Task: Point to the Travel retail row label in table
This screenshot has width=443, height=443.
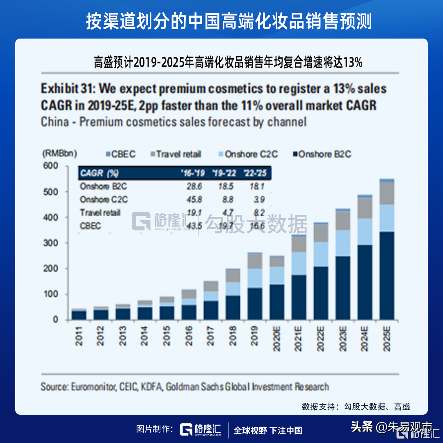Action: pos(100,212)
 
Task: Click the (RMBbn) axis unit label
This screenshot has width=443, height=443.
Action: pos(59,153)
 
